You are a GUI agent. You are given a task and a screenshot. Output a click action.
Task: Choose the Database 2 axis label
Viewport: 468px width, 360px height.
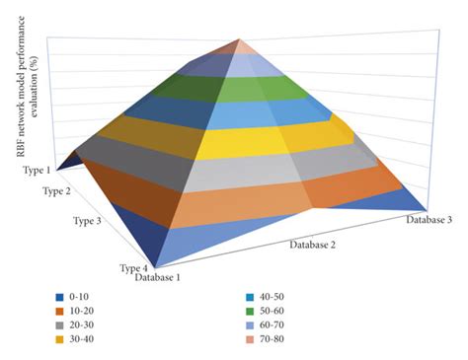pyautogui.click(x=319, y=241)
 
